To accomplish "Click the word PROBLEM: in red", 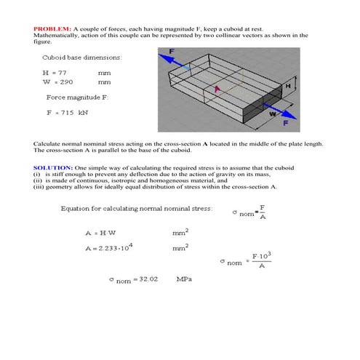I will (52, 28).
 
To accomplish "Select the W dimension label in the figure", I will (273, 113).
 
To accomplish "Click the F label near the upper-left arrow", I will (172, 51).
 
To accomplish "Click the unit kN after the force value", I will (84, 112).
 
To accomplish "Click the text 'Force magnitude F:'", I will (80, 97).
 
